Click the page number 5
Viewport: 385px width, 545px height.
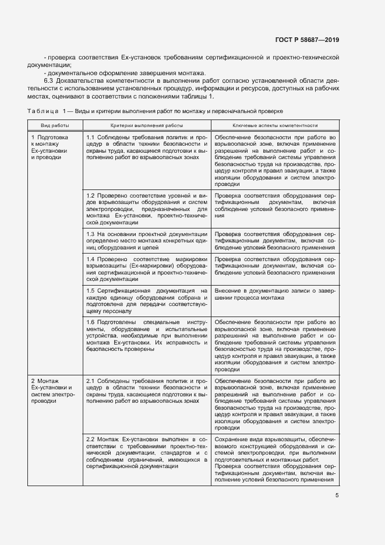(337, 496)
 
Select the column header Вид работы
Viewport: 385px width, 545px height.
(55, 125)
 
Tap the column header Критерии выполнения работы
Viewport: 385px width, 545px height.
(146, 125)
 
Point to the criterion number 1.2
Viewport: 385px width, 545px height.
(91, 195)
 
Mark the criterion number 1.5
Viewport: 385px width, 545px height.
(91, 290)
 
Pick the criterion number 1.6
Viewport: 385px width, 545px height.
(91, 322)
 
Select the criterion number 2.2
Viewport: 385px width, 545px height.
(91, 438)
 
